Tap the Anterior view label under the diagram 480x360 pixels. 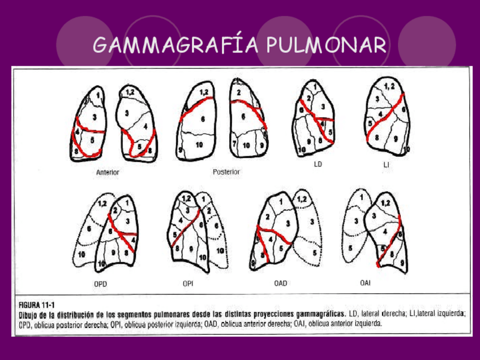[108, 172]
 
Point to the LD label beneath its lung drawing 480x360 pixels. [318, 165]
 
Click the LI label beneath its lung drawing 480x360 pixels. [387, 165]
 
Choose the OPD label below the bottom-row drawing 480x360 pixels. [100, 284]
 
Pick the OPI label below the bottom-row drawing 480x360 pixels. [188, 283]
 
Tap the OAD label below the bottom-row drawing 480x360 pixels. [280, 283]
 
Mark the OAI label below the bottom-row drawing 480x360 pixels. [365, 282]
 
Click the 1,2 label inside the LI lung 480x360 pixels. [390, 87]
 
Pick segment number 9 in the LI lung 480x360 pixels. [395, 139]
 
